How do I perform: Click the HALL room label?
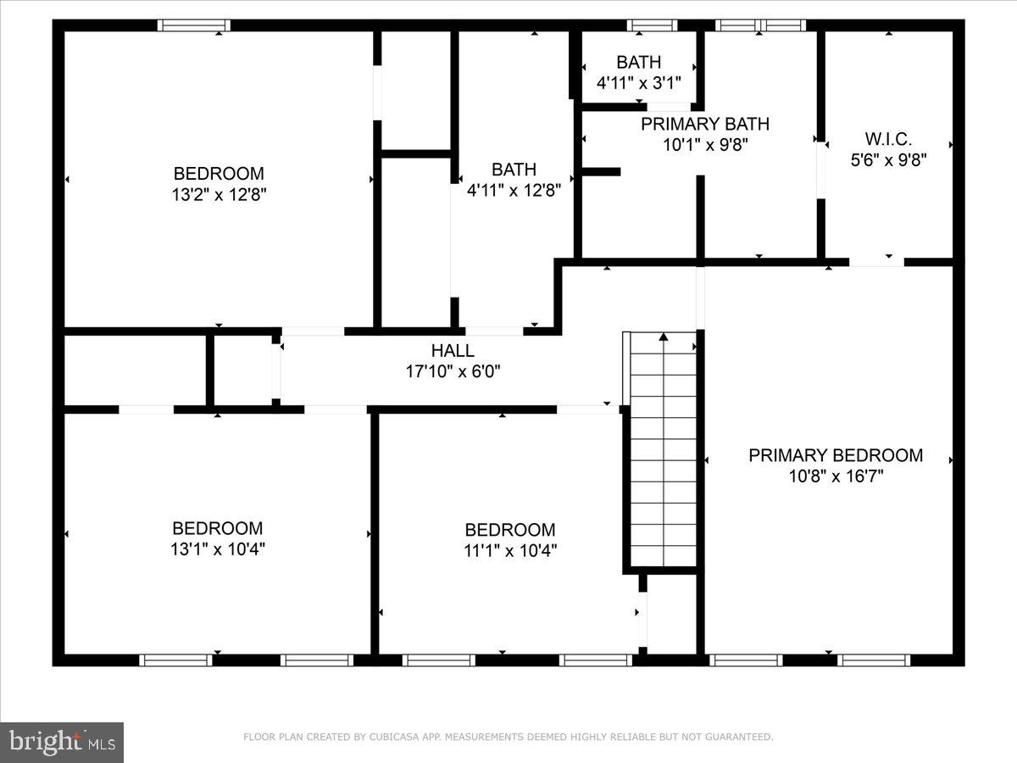(453, 350)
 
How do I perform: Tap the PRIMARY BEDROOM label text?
(836, 455)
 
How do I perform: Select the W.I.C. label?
(888, 138)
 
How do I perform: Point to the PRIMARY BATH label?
(705, 125)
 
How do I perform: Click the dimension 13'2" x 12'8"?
(219, 194)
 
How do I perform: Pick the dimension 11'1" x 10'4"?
(510, 550)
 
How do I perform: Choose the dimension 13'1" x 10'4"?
(218, 549)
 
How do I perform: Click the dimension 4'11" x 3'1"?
(639, 83)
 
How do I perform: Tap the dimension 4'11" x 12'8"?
(514, 191)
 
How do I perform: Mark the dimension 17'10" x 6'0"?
(453, 370)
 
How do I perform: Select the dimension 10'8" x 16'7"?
(836, 476)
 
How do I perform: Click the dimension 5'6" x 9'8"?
(888, 159)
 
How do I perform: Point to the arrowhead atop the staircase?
(664, 337)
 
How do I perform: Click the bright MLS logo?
(62, 743)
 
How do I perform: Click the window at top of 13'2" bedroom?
(195, 25)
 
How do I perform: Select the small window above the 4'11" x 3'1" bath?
(653, 25)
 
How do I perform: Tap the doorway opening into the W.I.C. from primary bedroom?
(876, 262)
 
